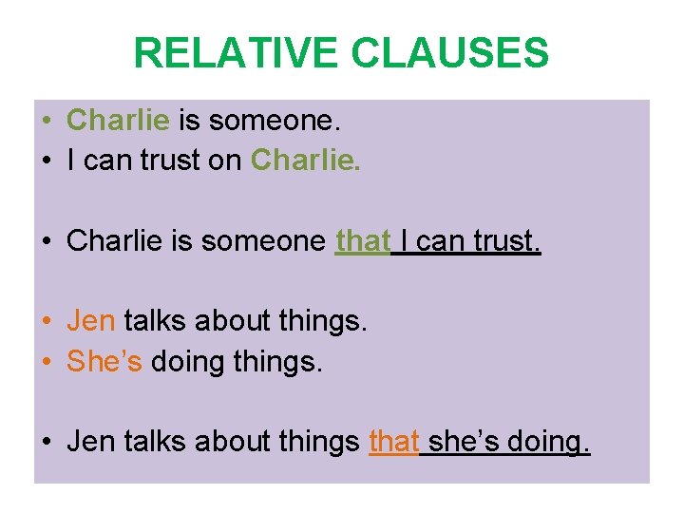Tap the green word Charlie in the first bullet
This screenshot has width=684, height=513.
click(118, 121)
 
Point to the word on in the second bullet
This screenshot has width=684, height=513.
click(225, 160)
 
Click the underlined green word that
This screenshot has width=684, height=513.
click(363, 241)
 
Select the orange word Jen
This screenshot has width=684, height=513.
click(90, 321)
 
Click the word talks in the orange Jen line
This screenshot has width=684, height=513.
click(154, 321)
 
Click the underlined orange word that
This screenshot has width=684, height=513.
click(393, 442)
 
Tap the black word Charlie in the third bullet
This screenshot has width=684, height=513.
click(118, 241)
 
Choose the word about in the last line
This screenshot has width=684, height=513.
click(228, 442)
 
